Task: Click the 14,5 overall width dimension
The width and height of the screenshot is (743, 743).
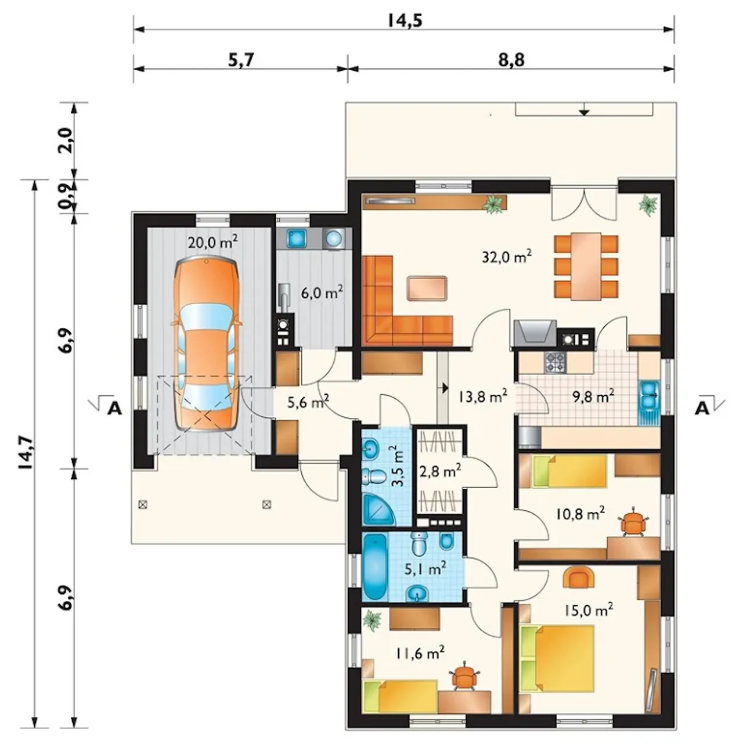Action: pos(404,20)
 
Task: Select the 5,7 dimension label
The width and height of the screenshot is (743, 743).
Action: pos(241,61)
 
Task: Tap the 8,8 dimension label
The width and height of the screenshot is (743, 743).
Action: pos(511,60)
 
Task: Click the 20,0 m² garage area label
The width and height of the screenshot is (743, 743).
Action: pos(212,242)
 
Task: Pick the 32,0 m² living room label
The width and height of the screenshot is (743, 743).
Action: pos(507,257)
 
